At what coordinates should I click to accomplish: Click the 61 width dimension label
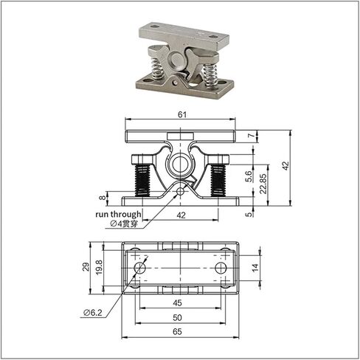coord(182,115)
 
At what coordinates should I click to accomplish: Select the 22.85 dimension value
coord(263,184)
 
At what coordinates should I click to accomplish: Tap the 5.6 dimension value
coord(249,176)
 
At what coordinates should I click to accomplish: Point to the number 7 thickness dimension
coord(251,135)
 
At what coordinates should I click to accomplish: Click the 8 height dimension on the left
coord(103,197)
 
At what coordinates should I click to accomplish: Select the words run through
coord(118,214)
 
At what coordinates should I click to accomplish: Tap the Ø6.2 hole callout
coord(92,313)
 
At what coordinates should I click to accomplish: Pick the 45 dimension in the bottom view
coord(177,303)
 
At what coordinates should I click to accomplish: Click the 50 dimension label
coord(177,317)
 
